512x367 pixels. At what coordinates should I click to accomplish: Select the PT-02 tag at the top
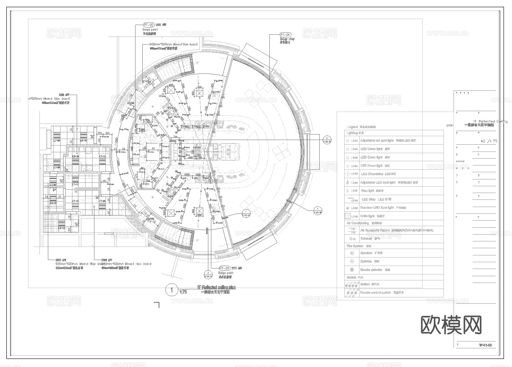pyautogui.click(x=149, y=25)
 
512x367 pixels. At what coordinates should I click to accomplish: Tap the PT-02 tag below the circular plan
pyautogui.click(x=224, y=268)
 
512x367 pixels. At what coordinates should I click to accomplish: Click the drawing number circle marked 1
pyautogui.click(x=172, y=291)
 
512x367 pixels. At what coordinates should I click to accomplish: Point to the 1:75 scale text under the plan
pyautogui.click(x=183, y=292)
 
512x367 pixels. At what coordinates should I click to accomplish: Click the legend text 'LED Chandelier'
pyautogui.click(x=375, y=174)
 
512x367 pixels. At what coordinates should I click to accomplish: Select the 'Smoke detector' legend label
pyautogui.click(x=371, y=270)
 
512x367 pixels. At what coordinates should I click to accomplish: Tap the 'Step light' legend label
pyautogui.click(x=368, y=191)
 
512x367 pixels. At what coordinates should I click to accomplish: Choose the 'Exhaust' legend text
pyautogui.click(x=365, y=238)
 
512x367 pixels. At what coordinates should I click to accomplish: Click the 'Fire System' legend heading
pyautogui.click(x=355, y=246)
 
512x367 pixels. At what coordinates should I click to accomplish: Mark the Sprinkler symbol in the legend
pyautogui.click(x=351, y=261)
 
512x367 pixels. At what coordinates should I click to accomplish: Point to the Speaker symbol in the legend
pyautogui.click(x=351, y=253)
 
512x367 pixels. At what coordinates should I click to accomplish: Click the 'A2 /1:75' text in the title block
pyautogui.click(x=489, y=141)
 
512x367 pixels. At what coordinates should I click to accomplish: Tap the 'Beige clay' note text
pyautogui.click(x=287, y=39)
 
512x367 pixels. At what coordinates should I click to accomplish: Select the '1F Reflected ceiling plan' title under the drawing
pyautogui.click(x=216, y=288)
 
